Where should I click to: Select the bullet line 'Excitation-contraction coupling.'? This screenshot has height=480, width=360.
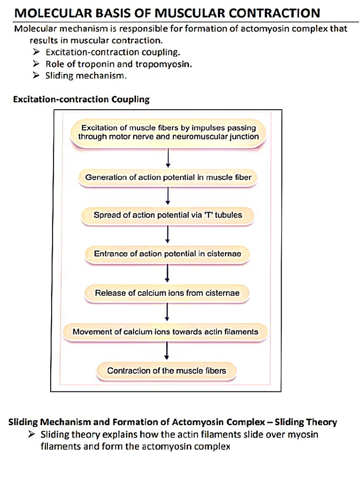click(112, 52)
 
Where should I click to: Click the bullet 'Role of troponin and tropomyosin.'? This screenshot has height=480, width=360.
click(119, 64)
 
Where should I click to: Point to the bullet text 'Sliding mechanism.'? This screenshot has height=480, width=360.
click(86, 75)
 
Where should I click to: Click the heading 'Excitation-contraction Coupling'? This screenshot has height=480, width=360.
click(82, 99)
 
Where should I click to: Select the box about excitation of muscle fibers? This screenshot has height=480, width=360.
click(168, 132)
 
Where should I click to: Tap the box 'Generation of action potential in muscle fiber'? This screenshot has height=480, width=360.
click(168, 178)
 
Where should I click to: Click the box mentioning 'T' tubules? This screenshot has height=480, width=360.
click(168, 215)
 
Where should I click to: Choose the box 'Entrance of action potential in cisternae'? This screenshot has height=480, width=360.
click(167, 254)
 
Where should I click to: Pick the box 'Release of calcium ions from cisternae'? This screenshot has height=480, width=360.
click(167, 293)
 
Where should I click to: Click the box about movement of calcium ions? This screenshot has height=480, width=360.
click(165, 331)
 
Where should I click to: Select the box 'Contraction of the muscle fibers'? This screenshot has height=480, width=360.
click(166, 371)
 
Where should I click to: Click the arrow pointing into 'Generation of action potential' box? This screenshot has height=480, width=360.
click(168, 158)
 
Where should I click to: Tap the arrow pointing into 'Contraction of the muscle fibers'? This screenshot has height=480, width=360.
click(167, 351)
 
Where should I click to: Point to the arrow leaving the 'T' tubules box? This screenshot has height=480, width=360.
click(167, 234)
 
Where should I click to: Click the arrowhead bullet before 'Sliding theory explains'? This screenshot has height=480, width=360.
click(31, 435)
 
